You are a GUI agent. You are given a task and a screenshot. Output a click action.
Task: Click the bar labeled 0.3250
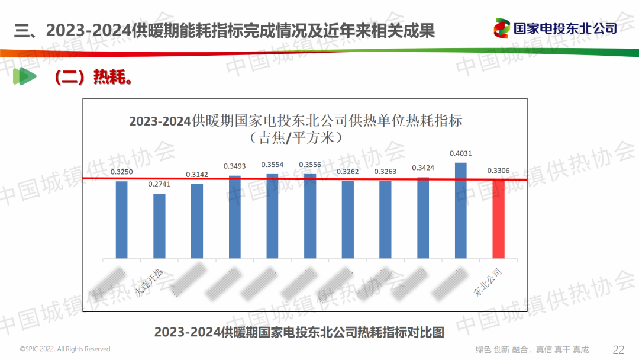tap(121, 219)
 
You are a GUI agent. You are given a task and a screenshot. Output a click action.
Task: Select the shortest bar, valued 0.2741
tap(159, 226)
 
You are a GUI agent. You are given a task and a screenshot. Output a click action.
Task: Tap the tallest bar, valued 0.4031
tap(461, 210)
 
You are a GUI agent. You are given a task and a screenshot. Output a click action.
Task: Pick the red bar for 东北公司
tap(499, 218)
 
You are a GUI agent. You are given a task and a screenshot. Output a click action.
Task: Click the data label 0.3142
tap(197, 175)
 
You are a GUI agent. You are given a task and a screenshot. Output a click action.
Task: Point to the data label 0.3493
tap(235, 166)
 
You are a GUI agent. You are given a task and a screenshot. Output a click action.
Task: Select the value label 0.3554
tap(273, 165)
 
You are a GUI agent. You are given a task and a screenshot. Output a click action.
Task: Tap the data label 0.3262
tap(348, 172)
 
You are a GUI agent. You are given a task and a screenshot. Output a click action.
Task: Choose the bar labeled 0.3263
tap(385, 219)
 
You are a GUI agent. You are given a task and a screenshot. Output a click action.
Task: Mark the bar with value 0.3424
tap(423, 217)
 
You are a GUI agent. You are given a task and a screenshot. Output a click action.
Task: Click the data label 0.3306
tap(499, 171)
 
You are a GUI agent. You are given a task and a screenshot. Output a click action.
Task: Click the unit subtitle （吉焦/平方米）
tap(295, 138)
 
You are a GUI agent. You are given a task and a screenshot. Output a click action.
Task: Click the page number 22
tap(618, 349)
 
